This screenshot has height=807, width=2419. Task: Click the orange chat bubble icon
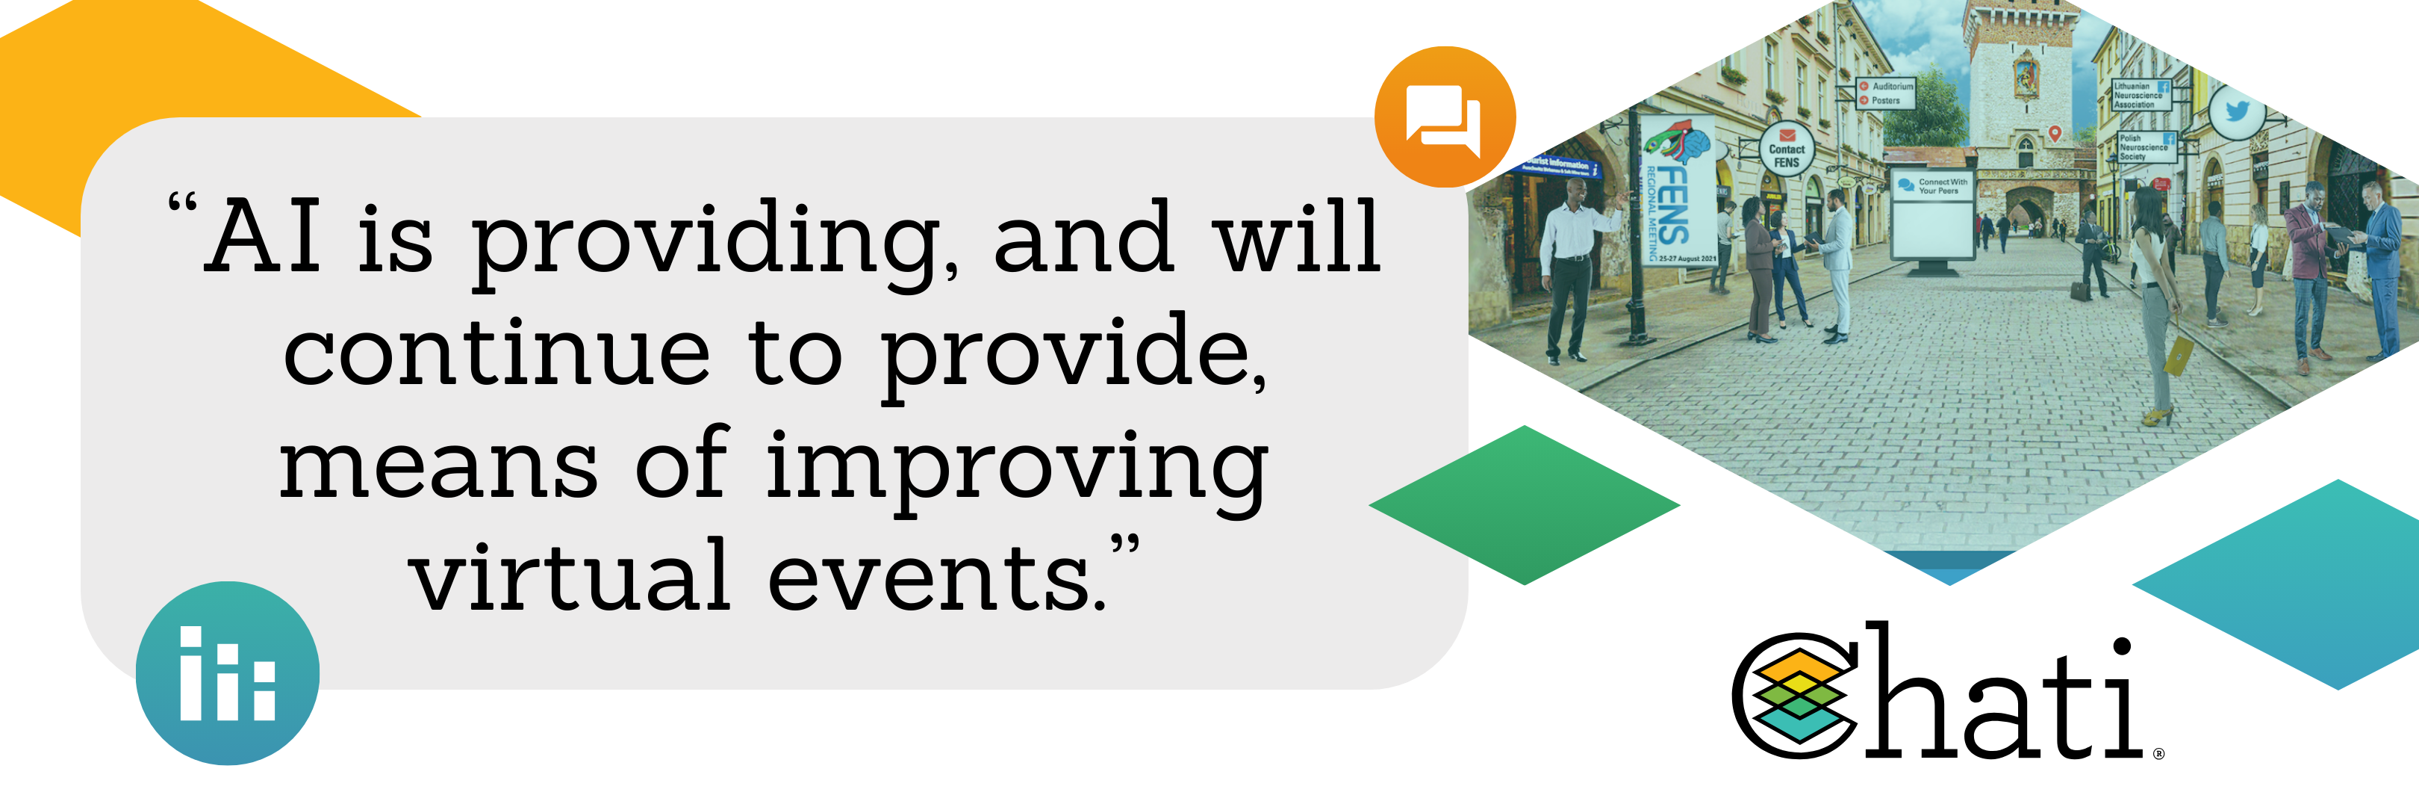coord(1444,117)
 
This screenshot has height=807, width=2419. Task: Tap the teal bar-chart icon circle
coord(227,672)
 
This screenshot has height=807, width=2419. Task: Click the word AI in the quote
coord(266,237)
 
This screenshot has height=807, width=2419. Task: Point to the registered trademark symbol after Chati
coord(2159,752)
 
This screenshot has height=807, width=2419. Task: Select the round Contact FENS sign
coord(1786,150)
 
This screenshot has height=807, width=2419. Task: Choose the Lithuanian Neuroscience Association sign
coord(2141,95)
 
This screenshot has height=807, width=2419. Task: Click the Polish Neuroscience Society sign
coord(2146,147)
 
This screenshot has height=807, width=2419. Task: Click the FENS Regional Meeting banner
coord(1677,193)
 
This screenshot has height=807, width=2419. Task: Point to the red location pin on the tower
coord(2055,134)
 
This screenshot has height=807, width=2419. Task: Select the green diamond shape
coord(1524,504)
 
